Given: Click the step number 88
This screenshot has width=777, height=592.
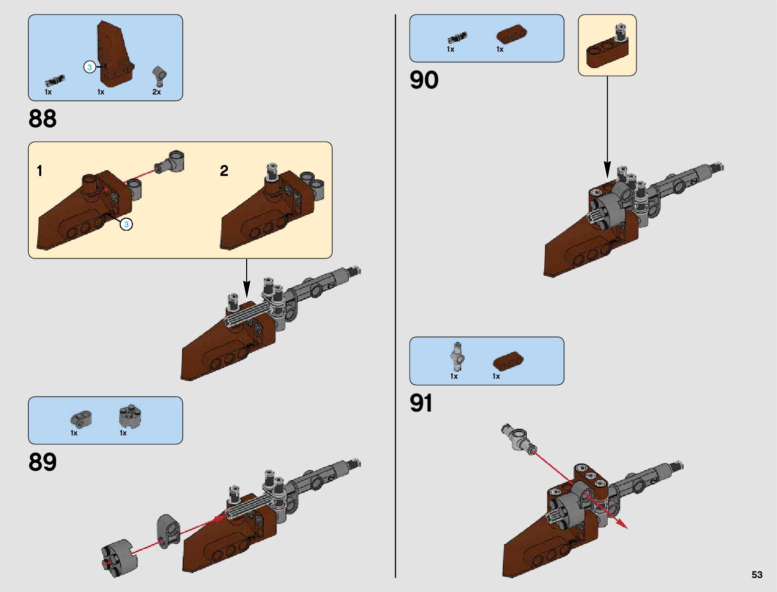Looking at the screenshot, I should point(43,119).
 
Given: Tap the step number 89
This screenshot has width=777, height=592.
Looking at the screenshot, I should point(43,462).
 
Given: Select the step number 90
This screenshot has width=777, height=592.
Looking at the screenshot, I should point(424,80).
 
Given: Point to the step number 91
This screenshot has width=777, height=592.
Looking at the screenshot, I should point(421,403).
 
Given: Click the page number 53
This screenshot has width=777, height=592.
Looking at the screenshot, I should point(757,575).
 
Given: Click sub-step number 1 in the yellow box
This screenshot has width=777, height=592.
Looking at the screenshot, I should point(40,171).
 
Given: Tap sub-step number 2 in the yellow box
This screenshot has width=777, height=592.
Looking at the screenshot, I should point(224,171).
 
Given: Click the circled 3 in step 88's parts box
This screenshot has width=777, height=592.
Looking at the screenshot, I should point(89,67).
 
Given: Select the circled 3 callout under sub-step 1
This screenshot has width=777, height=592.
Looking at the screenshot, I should point(126,225).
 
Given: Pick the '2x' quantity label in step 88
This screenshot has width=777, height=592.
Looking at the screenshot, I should point(156,92).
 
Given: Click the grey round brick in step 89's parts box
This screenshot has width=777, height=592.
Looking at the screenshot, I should point(130,417).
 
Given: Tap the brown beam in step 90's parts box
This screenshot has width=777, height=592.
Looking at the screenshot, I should point(511,34).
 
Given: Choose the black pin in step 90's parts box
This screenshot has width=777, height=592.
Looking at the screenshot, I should point(457,37).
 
